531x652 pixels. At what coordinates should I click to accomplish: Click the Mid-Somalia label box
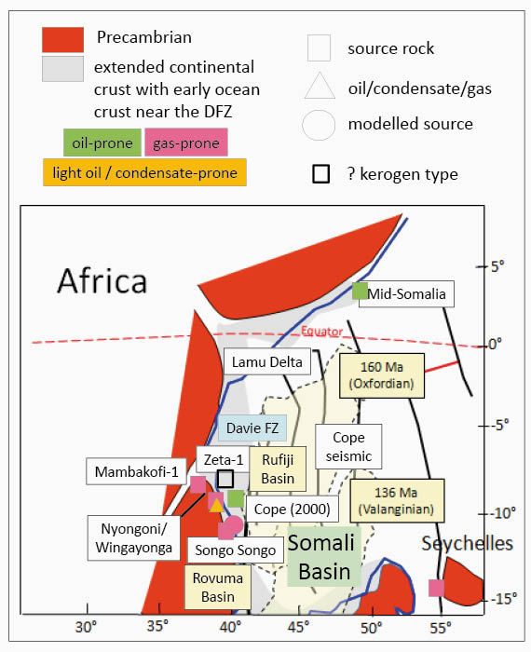[x=406, y=294]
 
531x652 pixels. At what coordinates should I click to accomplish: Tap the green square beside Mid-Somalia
[x=360, y=291]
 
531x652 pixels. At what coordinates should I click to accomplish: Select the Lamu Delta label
[x=267, y=361]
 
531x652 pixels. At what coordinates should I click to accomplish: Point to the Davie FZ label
[x=252, y=428]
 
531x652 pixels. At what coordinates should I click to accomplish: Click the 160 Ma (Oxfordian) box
[x=382, y=375]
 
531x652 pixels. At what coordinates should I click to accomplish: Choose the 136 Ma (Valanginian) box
[x=397, y=501]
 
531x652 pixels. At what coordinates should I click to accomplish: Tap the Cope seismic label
[x=348, y=446]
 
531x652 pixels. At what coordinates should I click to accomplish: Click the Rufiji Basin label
[x=278, y=469]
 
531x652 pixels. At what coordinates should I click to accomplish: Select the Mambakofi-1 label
[x=136, y=471]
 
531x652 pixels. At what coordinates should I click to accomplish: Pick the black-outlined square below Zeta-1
[x=225, y=479]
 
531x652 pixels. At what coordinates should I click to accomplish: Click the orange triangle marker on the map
[x=216, y=505]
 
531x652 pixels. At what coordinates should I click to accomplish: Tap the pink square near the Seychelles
[x=436, y=588]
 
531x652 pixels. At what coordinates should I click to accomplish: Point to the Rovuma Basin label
[x=217, y=587]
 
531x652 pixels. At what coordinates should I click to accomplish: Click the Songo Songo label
[x=236, y=550]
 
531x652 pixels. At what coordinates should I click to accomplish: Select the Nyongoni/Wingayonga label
[x=134, y=538]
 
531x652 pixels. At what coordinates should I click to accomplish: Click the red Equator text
[x=322, y=331]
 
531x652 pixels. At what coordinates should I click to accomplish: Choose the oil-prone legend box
[x=102, y=143]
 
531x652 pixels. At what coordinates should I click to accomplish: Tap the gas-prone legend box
[x=186, y=143]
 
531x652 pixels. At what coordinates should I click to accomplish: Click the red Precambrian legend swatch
[x=62, y=40]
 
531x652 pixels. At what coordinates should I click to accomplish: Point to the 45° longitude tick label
[x=299, y=627]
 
